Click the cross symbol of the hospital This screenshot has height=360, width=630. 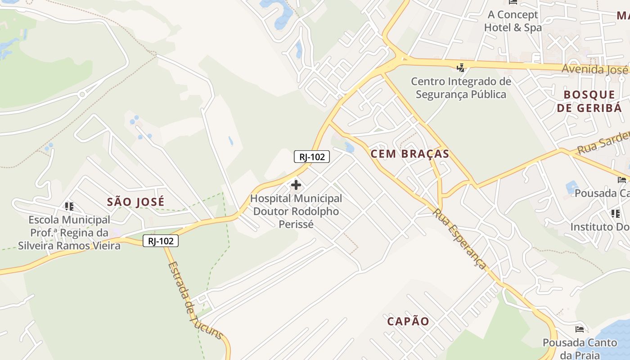point(296,184)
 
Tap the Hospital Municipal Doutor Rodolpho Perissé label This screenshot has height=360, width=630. point(296,211)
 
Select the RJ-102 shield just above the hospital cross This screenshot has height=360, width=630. point(312,157)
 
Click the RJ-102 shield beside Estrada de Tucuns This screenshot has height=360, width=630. point(161,241)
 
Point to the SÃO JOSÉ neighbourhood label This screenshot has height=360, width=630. point(135,202)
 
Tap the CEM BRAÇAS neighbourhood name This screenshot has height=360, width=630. point(409,154)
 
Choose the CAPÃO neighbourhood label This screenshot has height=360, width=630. point(408,321)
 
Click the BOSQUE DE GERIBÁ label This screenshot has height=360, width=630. point(589,101)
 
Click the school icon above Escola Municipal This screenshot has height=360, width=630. point(69,207)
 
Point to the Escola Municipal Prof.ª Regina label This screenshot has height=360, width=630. point(69,233)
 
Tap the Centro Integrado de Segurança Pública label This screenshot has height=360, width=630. point(461,88)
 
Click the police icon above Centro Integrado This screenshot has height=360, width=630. point(460,68)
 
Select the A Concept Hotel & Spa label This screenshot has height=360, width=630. point(513,21)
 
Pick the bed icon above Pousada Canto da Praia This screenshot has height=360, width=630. point(580,329)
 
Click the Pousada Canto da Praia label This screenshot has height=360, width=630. point(580,348)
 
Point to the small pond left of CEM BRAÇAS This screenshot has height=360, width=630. point(350,147)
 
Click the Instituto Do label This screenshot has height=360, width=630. point(600,227)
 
